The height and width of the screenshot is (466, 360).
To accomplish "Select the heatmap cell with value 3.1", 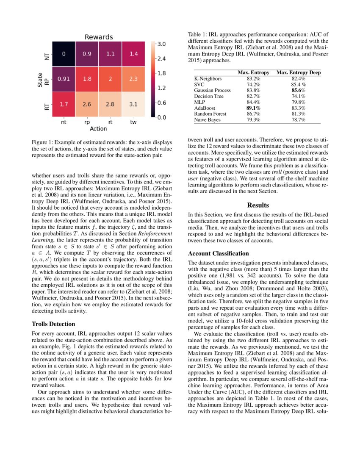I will pos(133,103).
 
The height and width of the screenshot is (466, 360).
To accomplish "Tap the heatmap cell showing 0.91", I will pos(64,79).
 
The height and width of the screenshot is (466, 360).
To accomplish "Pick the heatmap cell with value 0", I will pos(64,54).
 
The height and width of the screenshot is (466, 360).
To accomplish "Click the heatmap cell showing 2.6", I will pos(87,103).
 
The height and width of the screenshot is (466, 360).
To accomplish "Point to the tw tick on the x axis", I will pos(133,122).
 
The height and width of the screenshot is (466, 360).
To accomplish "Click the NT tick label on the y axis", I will pos(47,54).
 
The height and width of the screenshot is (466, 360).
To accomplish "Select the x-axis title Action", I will pos(98,128).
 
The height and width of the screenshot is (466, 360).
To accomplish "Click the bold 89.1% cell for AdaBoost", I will pos(253,108).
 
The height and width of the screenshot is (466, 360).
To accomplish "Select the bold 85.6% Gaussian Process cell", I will pos(298,90).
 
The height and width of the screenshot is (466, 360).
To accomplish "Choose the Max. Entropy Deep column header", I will pos(298,73).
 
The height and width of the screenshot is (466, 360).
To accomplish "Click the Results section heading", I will pos(258,205).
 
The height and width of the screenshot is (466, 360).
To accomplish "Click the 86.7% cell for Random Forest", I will pos(253,114).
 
